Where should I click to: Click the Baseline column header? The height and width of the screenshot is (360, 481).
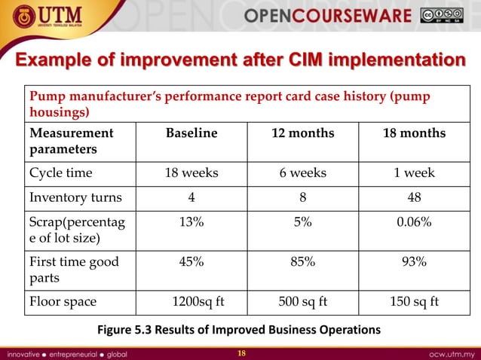tap(191, 133)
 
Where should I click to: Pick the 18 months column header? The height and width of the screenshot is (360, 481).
tap(414, 133)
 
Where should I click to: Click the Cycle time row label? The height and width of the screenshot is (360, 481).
tap(61, 172)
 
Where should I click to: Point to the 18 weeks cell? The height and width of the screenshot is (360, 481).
tap(191, 172)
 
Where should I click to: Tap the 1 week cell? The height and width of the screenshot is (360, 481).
tap(414, 172)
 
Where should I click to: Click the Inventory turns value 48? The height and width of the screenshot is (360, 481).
tap(414, 199)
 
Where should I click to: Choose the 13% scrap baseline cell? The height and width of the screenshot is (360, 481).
tap(191, 224)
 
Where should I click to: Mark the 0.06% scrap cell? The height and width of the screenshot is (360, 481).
tap(414, 224)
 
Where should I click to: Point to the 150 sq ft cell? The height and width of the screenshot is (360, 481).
tap(414, 301)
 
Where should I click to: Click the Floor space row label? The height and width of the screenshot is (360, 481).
tap(63, 301)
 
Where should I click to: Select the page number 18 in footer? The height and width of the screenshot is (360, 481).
tap(240, 352)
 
